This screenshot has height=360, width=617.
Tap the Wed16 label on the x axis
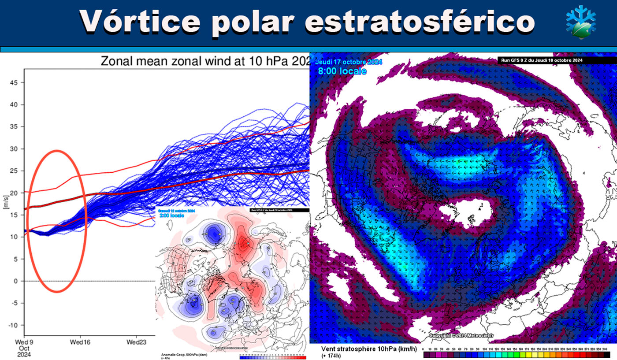[80, 342]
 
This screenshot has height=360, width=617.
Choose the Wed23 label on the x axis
[137, 342]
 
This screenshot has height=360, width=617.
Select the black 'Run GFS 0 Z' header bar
[555, 59]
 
